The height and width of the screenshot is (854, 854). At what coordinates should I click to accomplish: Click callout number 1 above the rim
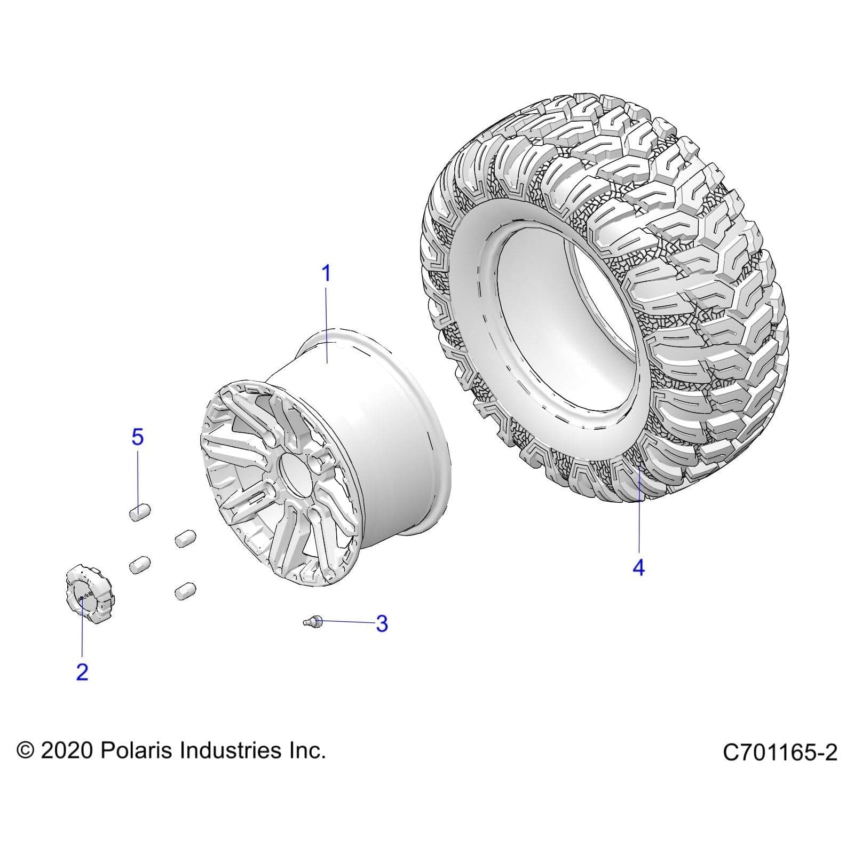point(326,274)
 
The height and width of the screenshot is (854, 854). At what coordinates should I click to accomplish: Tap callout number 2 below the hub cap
point(82,672)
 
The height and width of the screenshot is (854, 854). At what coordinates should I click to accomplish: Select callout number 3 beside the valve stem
point(381,623)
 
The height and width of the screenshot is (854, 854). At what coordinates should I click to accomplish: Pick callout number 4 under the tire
point(638,567)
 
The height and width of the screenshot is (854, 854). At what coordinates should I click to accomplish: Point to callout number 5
point(137,438)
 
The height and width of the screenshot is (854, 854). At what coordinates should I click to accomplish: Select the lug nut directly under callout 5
point(139,511)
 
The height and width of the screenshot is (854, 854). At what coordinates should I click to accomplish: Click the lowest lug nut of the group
point(185,591)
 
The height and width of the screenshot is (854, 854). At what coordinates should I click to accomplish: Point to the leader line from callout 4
point(639,512)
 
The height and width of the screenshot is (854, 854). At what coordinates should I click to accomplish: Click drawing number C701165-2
point(780,753)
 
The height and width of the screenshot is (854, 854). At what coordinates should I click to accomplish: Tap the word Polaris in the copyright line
point(137,750)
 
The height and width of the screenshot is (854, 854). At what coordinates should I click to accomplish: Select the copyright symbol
point(25,751)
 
